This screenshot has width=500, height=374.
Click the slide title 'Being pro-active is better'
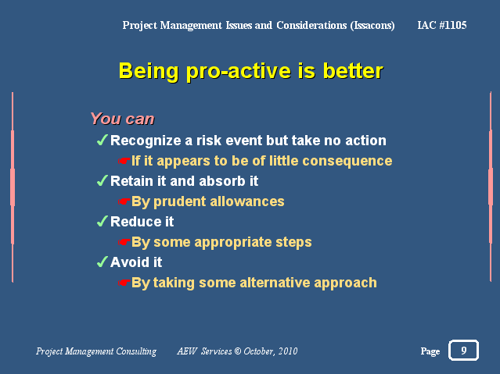pos(251,71)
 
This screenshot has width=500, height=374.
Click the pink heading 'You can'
pos(122,119)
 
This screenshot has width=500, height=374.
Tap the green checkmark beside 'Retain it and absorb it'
pos(102,181)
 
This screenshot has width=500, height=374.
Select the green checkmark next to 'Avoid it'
pos(102,262)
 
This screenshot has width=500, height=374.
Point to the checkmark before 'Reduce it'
pos(102,221)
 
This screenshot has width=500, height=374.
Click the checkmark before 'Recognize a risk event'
pos(102,140)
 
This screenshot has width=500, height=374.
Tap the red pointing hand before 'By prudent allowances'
pos(124,201)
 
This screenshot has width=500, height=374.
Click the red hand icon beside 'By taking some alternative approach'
pos(124,283)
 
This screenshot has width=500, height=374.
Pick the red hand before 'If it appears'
pos(124,161)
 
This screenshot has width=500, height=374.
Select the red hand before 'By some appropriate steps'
pos(124,242)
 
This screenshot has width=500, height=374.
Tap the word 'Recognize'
pos(146,141)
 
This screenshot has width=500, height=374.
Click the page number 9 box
pos(464,350)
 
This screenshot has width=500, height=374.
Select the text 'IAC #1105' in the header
pos(442,25)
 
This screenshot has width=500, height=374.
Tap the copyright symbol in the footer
pos(238,351)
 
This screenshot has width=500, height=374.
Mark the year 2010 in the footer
pos(288,351)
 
